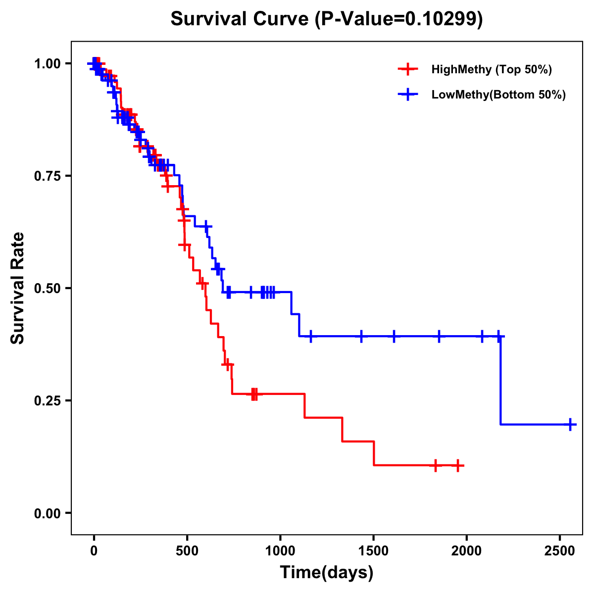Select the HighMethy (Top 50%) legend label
tap(491, 69)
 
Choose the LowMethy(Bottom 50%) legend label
tap(498, 95)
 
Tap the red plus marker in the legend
tap(407, 69)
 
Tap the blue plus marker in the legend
tap(407, 95)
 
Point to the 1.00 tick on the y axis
tap(47, 64)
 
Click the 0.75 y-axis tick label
tap(47, 176)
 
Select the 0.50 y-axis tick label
tap(47, 289)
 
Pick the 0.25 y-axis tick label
tap(47, 401)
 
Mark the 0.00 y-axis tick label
tap(47, 513)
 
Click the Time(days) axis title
tap(327, 573)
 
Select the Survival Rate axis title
tap(18, 288)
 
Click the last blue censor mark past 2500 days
tap(570, 424)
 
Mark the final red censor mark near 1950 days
tap(458, 465)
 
